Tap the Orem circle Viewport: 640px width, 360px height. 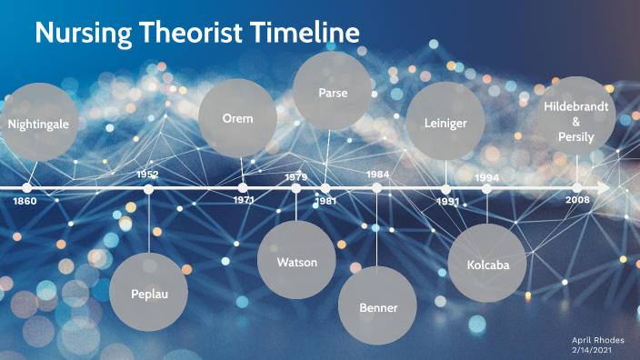coord(237,118)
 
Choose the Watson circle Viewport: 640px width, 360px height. coord(297,262)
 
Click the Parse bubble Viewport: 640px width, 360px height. coord(333,92)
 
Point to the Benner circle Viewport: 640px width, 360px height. coord(378,306)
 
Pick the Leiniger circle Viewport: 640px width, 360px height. coord(445,122)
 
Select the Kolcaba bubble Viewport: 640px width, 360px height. coord(487,262)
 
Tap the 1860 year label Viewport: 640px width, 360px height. coord(25,201)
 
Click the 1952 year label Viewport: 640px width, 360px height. coord(147,174)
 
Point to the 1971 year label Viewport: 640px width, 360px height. coord(243,200)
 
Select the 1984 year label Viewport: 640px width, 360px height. coord(378,174)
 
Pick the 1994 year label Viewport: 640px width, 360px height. coord(487,177)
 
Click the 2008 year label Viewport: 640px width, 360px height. coord(577,200)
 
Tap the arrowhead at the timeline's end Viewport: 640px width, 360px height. coord(604,188)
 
